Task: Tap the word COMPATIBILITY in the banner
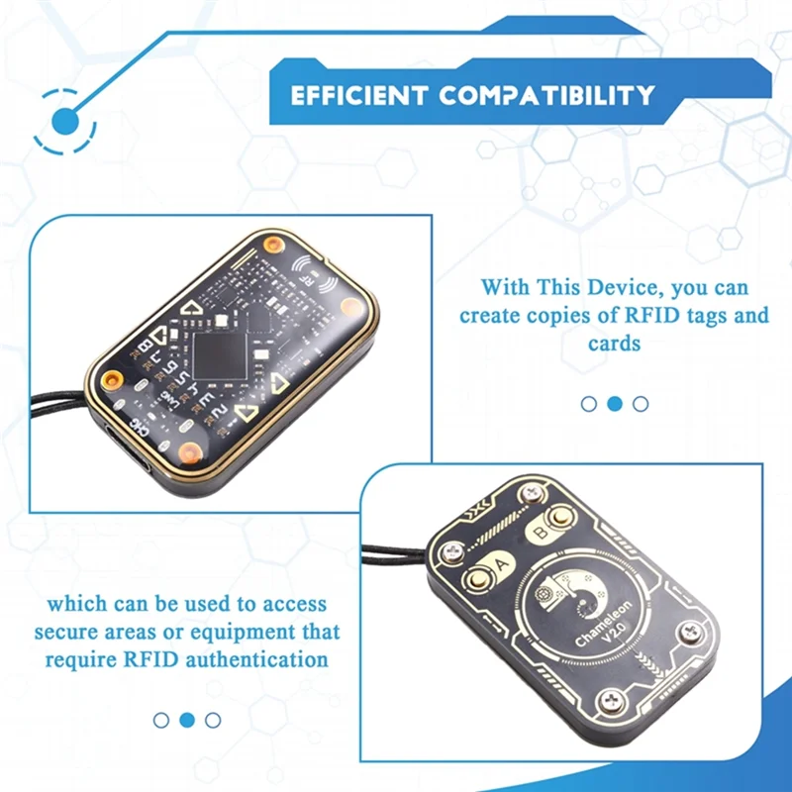coord(547,96)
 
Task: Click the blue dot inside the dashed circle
coord(65,122)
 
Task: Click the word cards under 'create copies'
coord(614,346)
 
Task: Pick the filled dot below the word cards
coord(615,404)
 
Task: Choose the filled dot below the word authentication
coord(187,720)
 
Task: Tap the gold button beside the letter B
coord(560,516)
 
